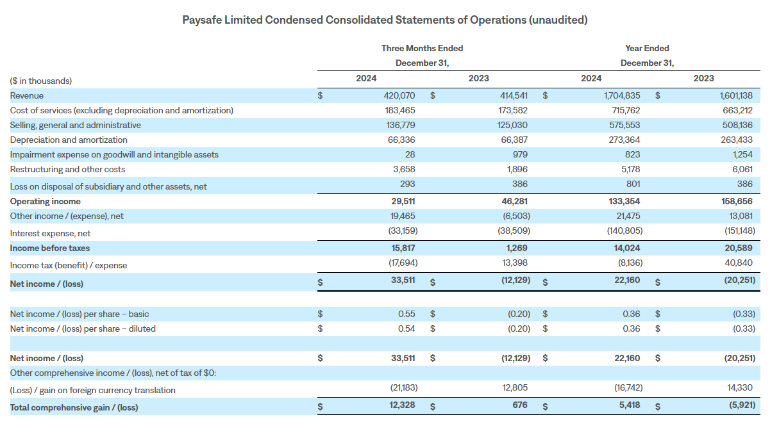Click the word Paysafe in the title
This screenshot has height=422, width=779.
[x=202, y=20]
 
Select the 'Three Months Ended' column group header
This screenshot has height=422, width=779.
[x=422, y=48]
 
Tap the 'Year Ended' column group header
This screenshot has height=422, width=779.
[x=647, y=48]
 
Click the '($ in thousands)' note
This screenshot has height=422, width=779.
[x=41, y=81]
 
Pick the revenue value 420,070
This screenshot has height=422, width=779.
[x=399, y=95]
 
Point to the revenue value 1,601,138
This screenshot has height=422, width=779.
[x=736, y=95]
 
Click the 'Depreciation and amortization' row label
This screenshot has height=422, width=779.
[x=69, y=140]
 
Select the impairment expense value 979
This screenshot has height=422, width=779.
[x=520, y=154]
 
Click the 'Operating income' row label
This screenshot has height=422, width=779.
[x=46, y=202]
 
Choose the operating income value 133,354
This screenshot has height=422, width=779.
[x=624, y=202]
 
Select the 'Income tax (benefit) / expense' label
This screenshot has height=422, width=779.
[x=69, y=265]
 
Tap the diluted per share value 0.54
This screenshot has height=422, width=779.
[x=406, y=329]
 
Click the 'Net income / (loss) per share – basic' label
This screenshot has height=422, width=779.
[x=80, y=314]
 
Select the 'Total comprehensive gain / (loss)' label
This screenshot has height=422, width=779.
[x=74, y=407]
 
